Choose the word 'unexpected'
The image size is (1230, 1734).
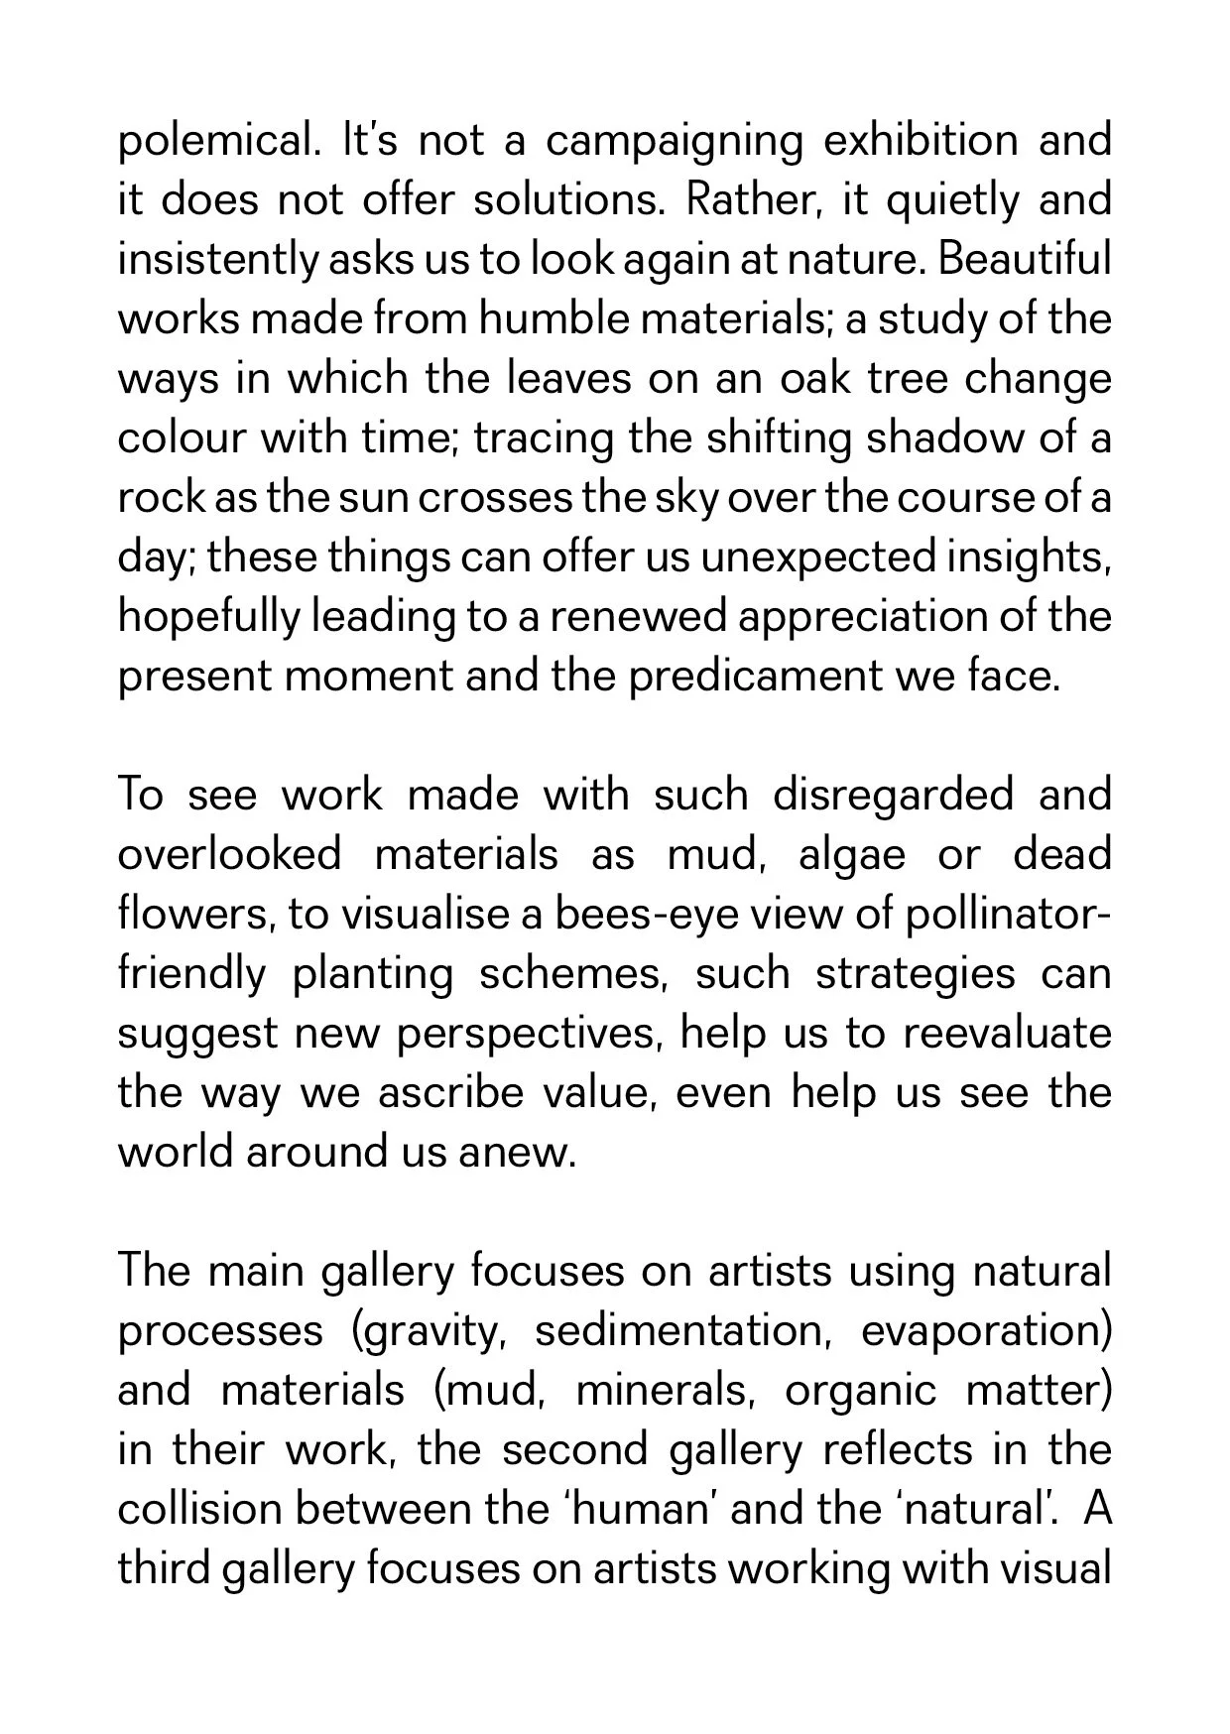pyautogui.click(x=817, y=557)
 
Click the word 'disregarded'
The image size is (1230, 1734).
pyautogui.click(x=893, y=796)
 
